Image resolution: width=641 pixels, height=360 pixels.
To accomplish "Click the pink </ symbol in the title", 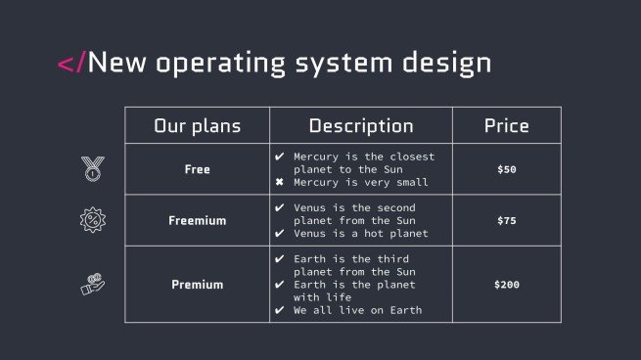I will (x=71, y=64).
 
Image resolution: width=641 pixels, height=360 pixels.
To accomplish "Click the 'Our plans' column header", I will (x=197, y=126).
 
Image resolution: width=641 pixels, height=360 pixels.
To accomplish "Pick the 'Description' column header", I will (x=360, y=126).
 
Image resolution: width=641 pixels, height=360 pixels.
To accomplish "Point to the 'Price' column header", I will (x=506, y=126).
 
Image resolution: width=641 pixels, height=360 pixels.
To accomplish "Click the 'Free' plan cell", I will (x=197, y=169).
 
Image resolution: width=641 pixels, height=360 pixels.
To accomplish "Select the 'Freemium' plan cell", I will (x=197, y=220).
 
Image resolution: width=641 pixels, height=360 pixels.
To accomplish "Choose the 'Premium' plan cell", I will (x=197, y=285).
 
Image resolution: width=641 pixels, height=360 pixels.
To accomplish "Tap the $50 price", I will (x=506, y=169).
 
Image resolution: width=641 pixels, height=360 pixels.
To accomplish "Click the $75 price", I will (x=506, y=220).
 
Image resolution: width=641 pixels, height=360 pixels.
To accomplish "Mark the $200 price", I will (x=506, y=285).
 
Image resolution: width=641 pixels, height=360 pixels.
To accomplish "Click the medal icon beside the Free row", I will (x=92, y=168).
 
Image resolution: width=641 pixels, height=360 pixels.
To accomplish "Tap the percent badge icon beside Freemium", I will (x=92, y=219).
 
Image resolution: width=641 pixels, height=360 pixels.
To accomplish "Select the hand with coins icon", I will (x=92, y=284).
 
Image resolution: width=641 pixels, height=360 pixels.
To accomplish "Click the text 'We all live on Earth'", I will (x=357, y=311).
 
